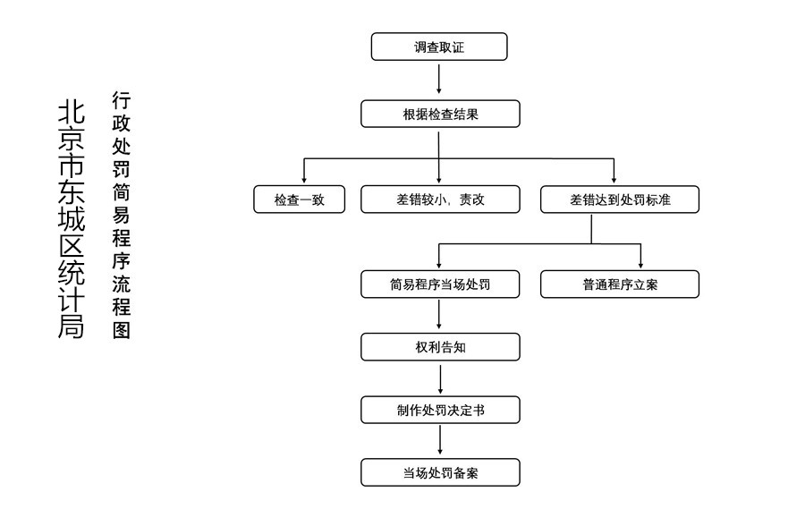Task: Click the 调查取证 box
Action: point(439,47)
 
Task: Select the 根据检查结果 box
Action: point(440,114)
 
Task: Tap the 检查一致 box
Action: point(300,199)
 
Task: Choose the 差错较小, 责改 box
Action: point(440,199)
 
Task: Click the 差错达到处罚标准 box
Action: point(620,199)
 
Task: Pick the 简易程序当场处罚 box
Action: point(440,284)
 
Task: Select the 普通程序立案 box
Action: point(620,284)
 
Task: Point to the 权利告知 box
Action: point(440,347)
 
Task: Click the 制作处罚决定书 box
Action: point(440,410)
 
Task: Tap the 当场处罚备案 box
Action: point(440,472)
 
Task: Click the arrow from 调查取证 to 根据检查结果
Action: point(439,79)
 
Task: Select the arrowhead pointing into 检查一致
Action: point(304,180)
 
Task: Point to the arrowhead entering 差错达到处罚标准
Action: point(614,180)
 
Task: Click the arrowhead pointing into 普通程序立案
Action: point(640,265)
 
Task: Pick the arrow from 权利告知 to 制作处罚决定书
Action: point(440,379)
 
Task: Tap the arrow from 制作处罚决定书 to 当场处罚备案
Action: point(440,440)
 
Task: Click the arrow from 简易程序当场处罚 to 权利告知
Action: point(439,314)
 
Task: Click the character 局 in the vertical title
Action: point(71,326)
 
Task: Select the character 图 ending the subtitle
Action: point(121,330)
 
